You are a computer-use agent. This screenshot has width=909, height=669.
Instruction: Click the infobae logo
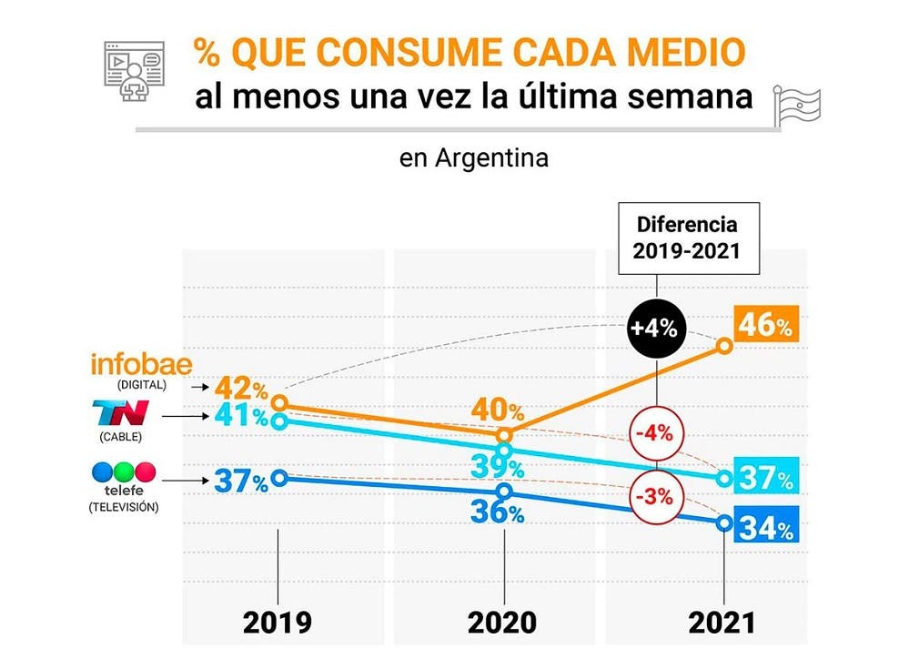[142, 365]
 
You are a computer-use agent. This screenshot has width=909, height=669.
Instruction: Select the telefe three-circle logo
[124, 472]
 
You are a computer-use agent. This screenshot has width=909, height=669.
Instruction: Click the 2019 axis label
[277, 623]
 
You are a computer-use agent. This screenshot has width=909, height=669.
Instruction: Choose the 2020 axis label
[502, 623]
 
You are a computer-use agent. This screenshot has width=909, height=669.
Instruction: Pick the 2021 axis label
[722, 623]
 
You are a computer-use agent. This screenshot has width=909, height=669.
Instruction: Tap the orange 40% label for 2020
[497, 411]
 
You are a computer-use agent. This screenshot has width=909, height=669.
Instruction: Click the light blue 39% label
[497, 467]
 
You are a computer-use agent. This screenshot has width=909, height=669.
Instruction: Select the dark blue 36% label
[497, 512]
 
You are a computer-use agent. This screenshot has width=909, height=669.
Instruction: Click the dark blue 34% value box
[767, 526]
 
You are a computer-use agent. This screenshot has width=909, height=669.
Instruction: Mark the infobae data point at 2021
[724, 345]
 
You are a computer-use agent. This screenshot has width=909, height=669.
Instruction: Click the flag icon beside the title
[797, 105]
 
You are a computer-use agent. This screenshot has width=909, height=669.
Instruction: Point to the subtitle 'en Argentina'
[473, 158]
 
